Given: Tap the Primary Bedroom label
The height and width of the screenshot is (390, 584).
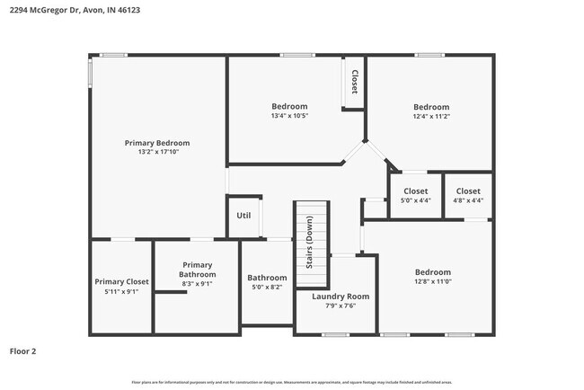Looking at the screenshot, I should pyautogui.click(x=157, y=143).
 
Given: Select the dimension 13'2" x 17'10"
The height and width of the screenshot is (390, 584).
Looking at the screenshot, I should pyautogui.click(x=157, y=153).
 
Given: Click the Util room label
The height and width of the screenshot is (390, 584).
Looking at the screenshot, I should pyautogui.click(x=243, y=216).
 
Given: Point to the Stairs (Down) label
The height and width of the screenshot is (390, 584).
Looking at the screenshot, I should pyautogui.click(x=309, y=243).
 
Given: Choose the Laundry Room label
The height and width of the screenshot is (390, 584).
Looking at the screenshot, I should pyautogui.click(x=341, y=296).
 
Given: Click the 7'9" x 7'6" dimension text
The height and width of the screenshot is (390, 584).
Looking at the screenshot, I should pyautogui.click(x=341, y=306).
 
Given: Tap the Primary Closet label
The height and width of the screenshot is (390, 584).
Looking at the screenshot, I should pyautogui.click(x=122, y=281).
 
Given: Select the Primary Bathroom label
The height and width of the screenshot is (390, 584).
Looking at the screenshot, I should pyautogui.click(x=197, y=270).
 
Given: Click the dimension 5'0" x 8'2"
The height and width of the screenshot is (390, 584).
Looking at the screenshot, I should pyautogui.click(x=267, y=288).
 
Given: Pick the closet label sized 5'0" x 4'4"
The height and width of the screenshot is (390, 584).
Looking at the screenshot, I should pyautogui.click(x=415, y=191).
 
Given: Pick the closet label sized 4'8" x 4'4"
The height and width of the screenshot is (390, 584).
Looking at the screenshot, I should pyautogui.click(x=468, y=191).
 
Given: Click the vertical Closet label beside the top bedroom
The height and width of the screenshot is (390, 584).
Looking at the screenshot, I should pyautogui.click(x=354, y=82).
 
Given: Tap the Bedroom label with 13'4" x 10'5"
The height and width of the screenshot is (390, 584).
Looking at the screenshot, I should pyautogui.click(x=289, y=106).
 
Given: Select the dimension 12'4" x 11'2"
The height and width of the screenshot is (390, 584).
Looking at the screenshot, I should pyautogui.click(x=430, y=116).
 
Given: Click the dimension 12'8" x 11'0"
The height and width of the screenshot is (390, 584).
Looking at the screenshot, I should pyautogui.click(x=432, y=282).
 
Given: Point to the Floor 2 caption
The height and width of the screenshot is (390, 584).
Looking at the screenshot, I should pyautogui.click(x=23, y=350).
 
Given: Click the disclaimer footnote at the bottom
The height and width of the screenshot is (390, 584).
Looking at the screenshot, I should pyautogui.click(x=292, y=383).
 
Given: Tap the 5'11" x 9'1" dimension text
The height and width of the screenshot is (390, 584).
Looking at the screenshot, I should pyautogui.click(x=122, y=291).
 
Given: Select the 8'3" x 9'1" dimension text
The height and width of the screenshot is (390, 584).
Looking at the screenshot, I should pyautogui.click(x=197, y=284).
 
